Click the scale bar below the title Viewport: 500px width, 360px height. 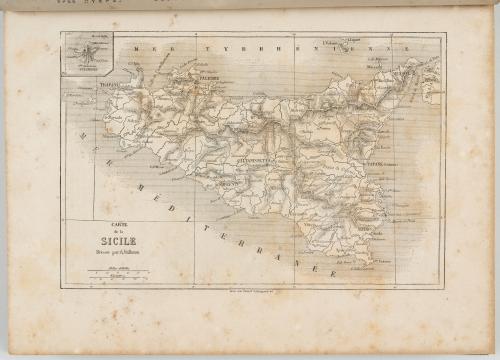(x=117, y=273)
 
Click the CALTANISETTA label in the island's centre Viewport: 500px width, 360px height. (x=256, y=157)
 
